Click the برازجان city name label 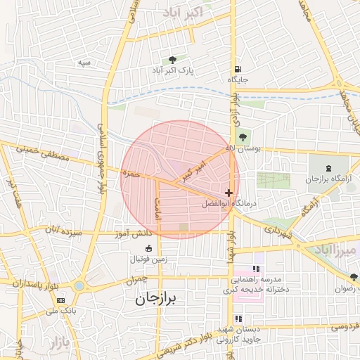pos(157,299)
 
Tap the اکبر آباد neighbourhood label pos(184,13)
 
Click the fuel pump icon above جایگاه pos(239,69)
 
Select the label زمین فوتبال pos(153,259)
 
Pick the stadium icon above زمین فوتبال pos(148,248)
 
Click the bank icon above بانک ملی pos(59,300)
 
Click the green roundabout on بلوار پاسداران pos(79,286)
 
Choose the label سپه pos(84,63)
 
